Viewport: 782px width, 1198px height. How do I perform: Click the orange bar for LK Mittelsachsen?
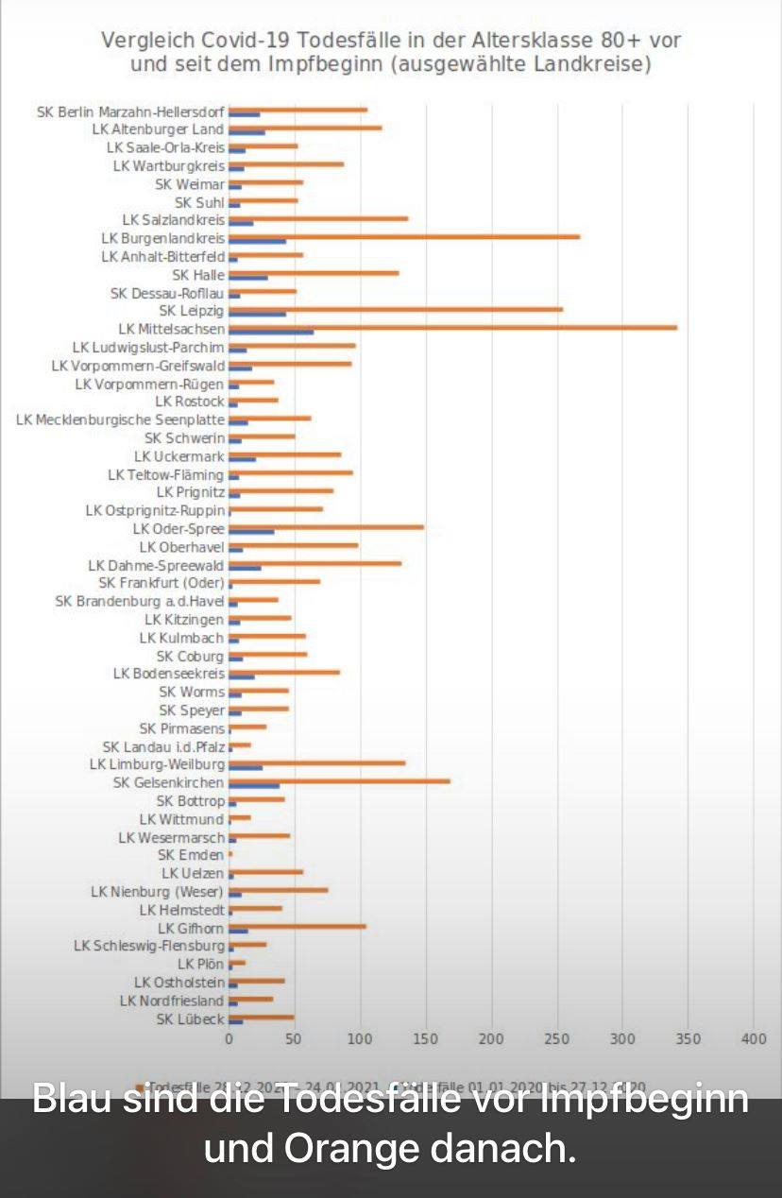click(x=453, y=327)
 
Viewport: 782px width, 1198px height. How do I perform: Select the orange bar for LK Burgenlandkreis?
click(x=404, y=236)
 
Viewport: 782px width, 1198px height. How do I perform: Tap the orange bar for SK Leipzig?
click(x=396, y=309)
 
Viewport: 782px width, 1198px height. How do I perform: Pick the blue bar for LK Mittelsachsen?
click(x=271, y=332)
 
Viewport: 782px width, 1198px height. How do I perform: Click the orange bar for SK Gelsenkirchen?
click(x=339, y=780)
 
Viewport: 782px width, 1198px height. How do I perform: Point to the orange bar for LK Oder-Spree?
click(x=326, y=527)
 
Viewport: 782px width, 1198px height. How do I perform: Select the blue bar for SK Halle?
click(x=248, y=278)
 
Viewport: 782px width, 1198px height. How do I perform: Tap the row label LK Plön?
click(x=200, y=965)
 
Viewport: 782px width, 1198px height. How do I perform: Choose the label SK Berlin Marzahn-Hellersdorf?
click(x=130, y=111)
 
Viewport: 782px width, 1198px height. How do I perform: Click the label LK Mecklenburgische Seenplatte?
click(x=121, y=419)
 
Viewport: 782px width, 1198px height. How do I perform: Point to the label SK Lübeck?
click(x=190, y=1018)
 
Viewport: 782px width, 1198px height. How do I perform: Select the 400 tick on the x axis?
click(x=753, y=1039)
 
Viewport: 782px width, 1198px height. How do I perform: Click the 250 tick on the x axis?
click(x=556, y=1039)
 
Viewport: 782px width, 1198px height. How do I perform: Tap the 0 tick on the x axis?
click(x=229, y=1039)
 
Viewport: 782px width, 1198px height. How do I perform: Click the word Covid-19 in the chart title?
click(x=246, y=41)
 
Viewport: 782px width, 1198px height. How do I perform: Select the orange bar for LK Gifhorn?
click(x=297, y=926)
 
